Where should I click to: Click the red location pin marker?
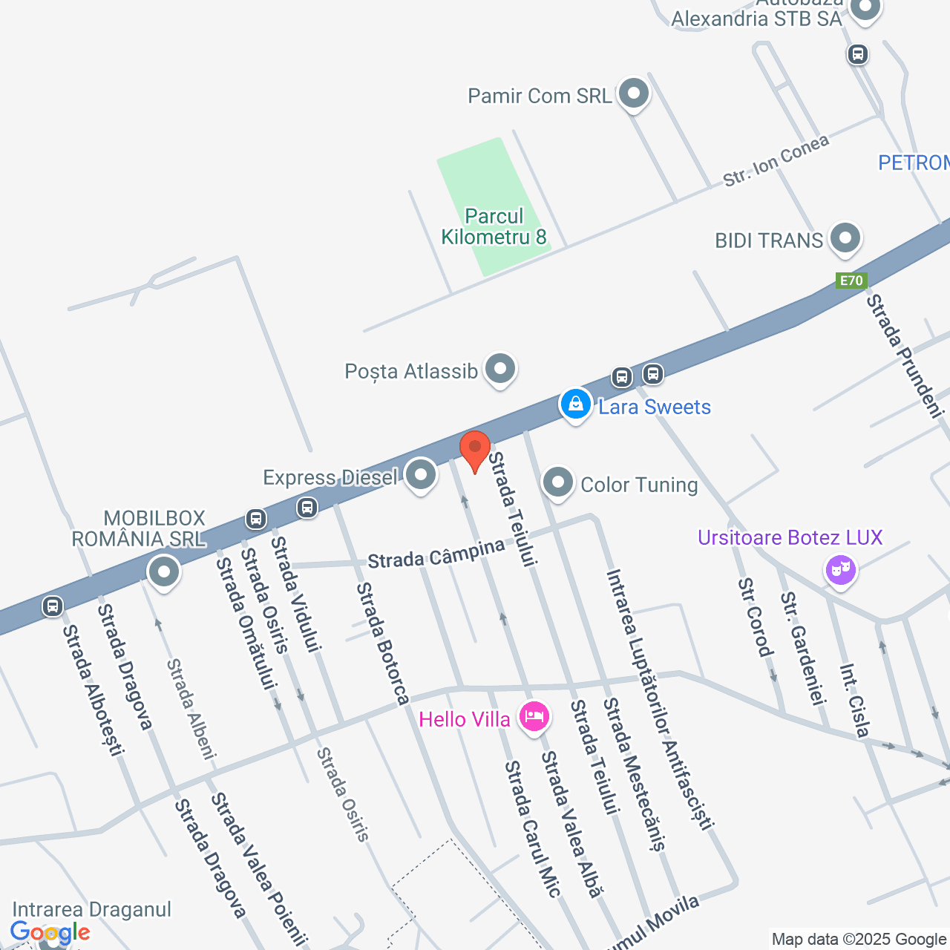pos(475,449)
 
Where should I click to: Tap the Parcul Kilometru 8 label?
pos(494,226)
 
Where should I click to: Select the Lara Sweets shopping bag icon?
pos(575,404)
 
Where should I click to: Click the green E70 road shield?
pos(851,281)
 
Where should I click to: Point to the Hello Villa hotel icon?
pos(534,717)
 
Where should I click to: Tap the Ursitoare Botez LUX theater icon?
pos(841,570)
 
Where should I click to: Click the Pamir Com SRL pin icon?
pos(634,94)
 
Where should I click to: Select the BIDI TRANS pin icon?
pos(845,239)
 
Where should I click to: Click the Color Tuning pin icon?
pos(557,482)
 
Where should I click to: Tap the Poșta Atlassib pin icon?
pos(500,368)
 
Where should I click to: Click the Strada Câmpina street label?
pos(436,554)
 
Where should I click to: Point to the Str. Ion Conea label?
pos(776,161)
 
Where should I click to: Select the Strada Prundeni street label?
pos(905,356)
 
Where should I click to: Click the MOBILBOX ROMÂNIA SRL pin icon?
pos(163,572)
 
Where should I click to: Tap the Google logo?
pos(50,933)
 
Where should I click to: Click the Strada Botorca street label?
pos(382,643)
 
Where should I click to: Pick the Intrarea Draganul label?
pos(92,909)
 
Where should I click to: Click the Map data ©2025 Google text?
pos(859,940)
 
